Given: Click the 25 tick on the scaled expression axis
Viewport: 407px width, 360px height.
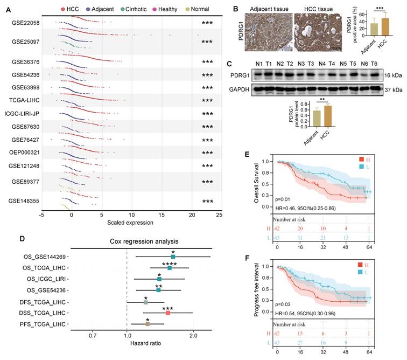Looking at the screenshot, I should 219,215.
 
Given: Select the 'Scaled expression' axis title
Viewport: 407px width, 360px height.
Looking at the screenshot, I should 130,223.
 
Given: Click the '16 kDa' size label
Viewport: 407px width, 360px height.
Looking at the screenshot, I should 395,77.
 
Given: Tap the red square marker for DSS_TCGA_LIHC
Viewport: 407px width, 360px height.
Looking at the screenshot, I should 168,313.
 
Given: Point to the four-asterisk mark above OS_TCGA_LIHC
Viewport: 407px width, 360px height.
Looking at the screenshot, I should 170,264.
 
